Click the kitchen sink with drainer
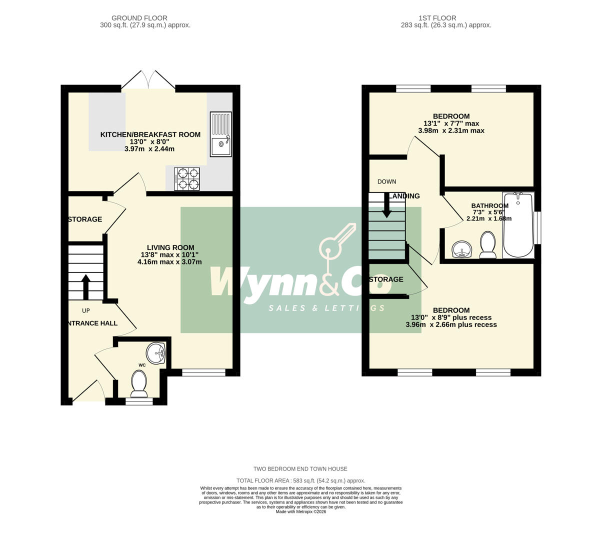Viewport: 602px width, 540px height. (221, 134)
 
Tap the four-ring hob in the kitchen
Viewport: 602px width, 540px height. (187, 179)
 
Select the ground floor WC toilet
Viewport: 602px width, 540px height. (139, 383)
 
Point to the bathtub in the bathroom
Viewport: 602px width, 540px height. (518, 225)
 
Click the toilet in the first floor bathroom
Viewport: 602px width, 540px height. (487, 245)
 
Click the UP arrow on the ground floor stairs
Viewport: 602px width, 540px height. (85, 286)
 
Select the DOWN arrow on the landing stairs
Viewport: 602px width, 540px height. (386, 205)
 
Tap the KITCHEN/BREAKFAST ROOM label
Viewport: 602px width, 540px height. (150, 134)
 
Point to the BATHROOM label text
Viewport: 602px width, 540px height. (489, 205)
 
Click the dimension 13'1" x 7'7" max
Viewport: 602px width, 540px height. (451, 123)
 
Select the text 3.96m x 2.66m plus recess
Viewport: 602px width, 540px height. (451, 324)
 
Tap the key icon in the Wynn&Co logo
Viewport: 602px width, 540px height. (336, 245)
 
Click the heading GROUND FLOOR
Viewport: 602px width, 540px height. (139, 18)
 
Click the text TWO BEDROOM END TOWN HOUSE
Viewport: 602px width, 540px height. (300, 468)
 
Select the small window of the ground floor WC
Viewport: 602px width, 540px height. (139, 401)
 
